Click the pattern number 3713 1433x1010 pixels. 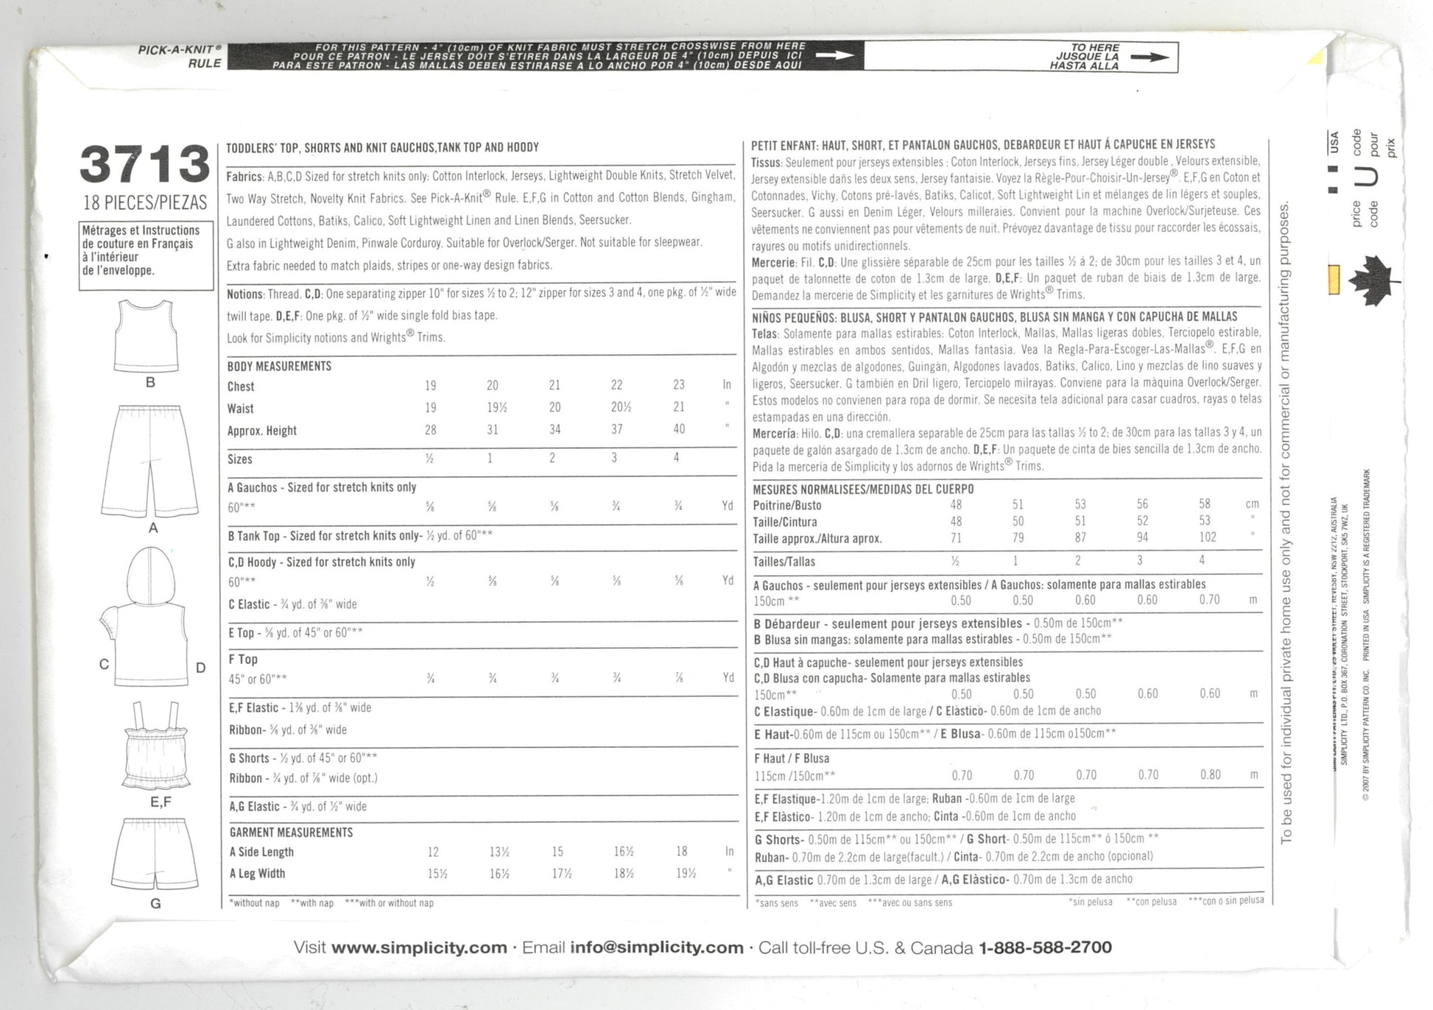pyautogui.click(x=145, y=164)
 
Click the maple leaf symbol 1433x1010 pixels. pyautogui.click(x=1373, y=280)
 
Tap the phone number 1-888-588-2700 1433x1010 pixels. pyautogui.click(x=1045, y=947)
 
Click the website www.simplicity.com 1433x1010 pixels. pyautogui.click(x=419, y=947)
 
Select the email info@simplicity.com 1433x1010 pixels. pyautogui.click(x=657, y=947)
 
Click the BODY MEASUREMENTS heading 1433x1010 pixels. pyautogui.click(x=279, y=366)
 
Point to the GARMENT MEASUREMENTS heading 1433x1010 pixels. pyautogui.click(x=291, y=833)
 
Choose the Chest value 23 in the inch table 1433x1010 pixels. pyautogui.click(x=678, y=385)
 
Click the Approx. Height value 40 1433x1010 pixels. pyautogui.click(x=678, y=429)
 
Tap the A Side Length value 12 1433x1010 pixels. pyautogui.click(x=433, y=852)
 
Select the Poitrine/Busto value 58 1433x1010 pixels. pyautogui.click(x=1205, y=504)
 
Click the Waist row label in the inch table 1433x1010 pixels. pyautogui.click(x=241, y=409)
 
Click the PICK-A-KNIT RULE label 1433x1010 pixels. pyautogui.click(x=180, y=57)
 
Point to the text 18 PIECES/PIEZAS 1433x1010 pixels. pyautogui.click(x=146, y=202)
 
